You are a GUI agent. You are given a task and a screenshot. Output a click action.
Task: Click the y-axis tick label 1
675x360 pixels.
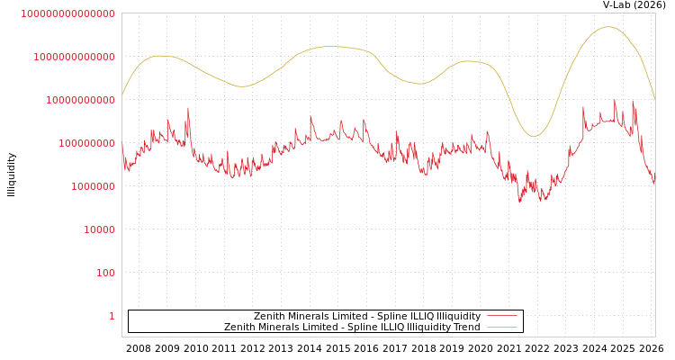tap(112, 316)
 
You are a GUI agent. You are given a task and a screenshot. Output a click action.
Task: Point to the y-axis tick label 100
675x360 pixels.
tap(106, 273)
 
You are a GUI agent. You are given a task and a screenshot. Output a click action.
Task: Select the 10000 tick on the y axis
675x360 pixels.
tap(99, 229)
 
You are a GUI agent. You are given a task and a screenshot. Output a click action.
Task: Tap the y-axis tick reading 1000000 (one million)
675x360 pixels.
tap(93, 186)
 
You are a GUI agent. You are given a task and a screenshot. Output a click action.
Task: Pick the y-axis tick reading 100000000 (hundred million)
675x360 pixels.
tap(86, 143)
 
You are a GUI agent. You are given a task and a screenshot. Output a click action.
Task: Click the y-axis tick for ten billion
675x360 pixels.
tap(80, 100)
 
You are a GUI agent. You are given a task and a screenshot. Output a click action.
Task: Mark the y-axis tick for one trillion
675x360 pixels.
tap(74, 57)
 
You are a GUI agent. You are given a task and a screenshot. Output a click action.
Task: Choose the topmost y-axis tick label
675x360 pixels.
tap(67, 13)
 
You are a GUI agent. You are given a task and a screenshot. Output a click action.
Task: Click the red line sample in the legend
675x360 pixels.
tap(502, 316)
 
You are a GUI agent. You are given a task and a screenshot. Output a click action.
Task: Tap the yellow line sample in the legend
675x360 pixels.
tap(502, 327)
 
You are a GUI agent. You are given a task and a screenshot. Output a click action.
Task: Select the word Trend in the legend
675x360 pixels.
tap(467, 327)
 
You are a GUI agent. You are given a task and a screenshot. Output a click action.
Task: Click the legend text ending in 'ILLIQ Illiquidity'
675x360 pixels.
tap(366, 316)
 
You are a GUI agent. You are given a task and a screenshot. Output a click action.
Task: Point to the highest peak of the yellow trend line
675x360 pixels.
tap(608, 27)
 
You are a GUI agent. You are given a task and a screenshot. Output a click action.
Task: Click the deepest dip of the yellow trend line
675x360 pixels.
tap(534, 137)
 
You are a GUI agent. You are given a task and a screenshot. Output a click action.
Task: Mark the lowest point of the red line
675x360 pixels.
tap(519, 202)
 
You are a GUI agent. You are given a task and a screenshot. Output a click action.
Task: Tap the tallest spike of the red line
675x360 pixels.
tap(616, 100)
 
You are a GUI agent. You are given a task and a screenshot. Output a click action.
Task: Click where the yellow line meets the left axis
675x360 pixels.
tap(122, 95)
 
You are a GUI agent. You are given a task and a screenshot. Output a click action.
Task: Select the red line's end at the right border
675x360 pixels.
tap(654, 183)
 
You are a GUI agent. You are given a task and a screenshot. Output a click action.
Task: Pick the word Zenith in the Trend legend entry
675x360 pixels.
tap(239, 327)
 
